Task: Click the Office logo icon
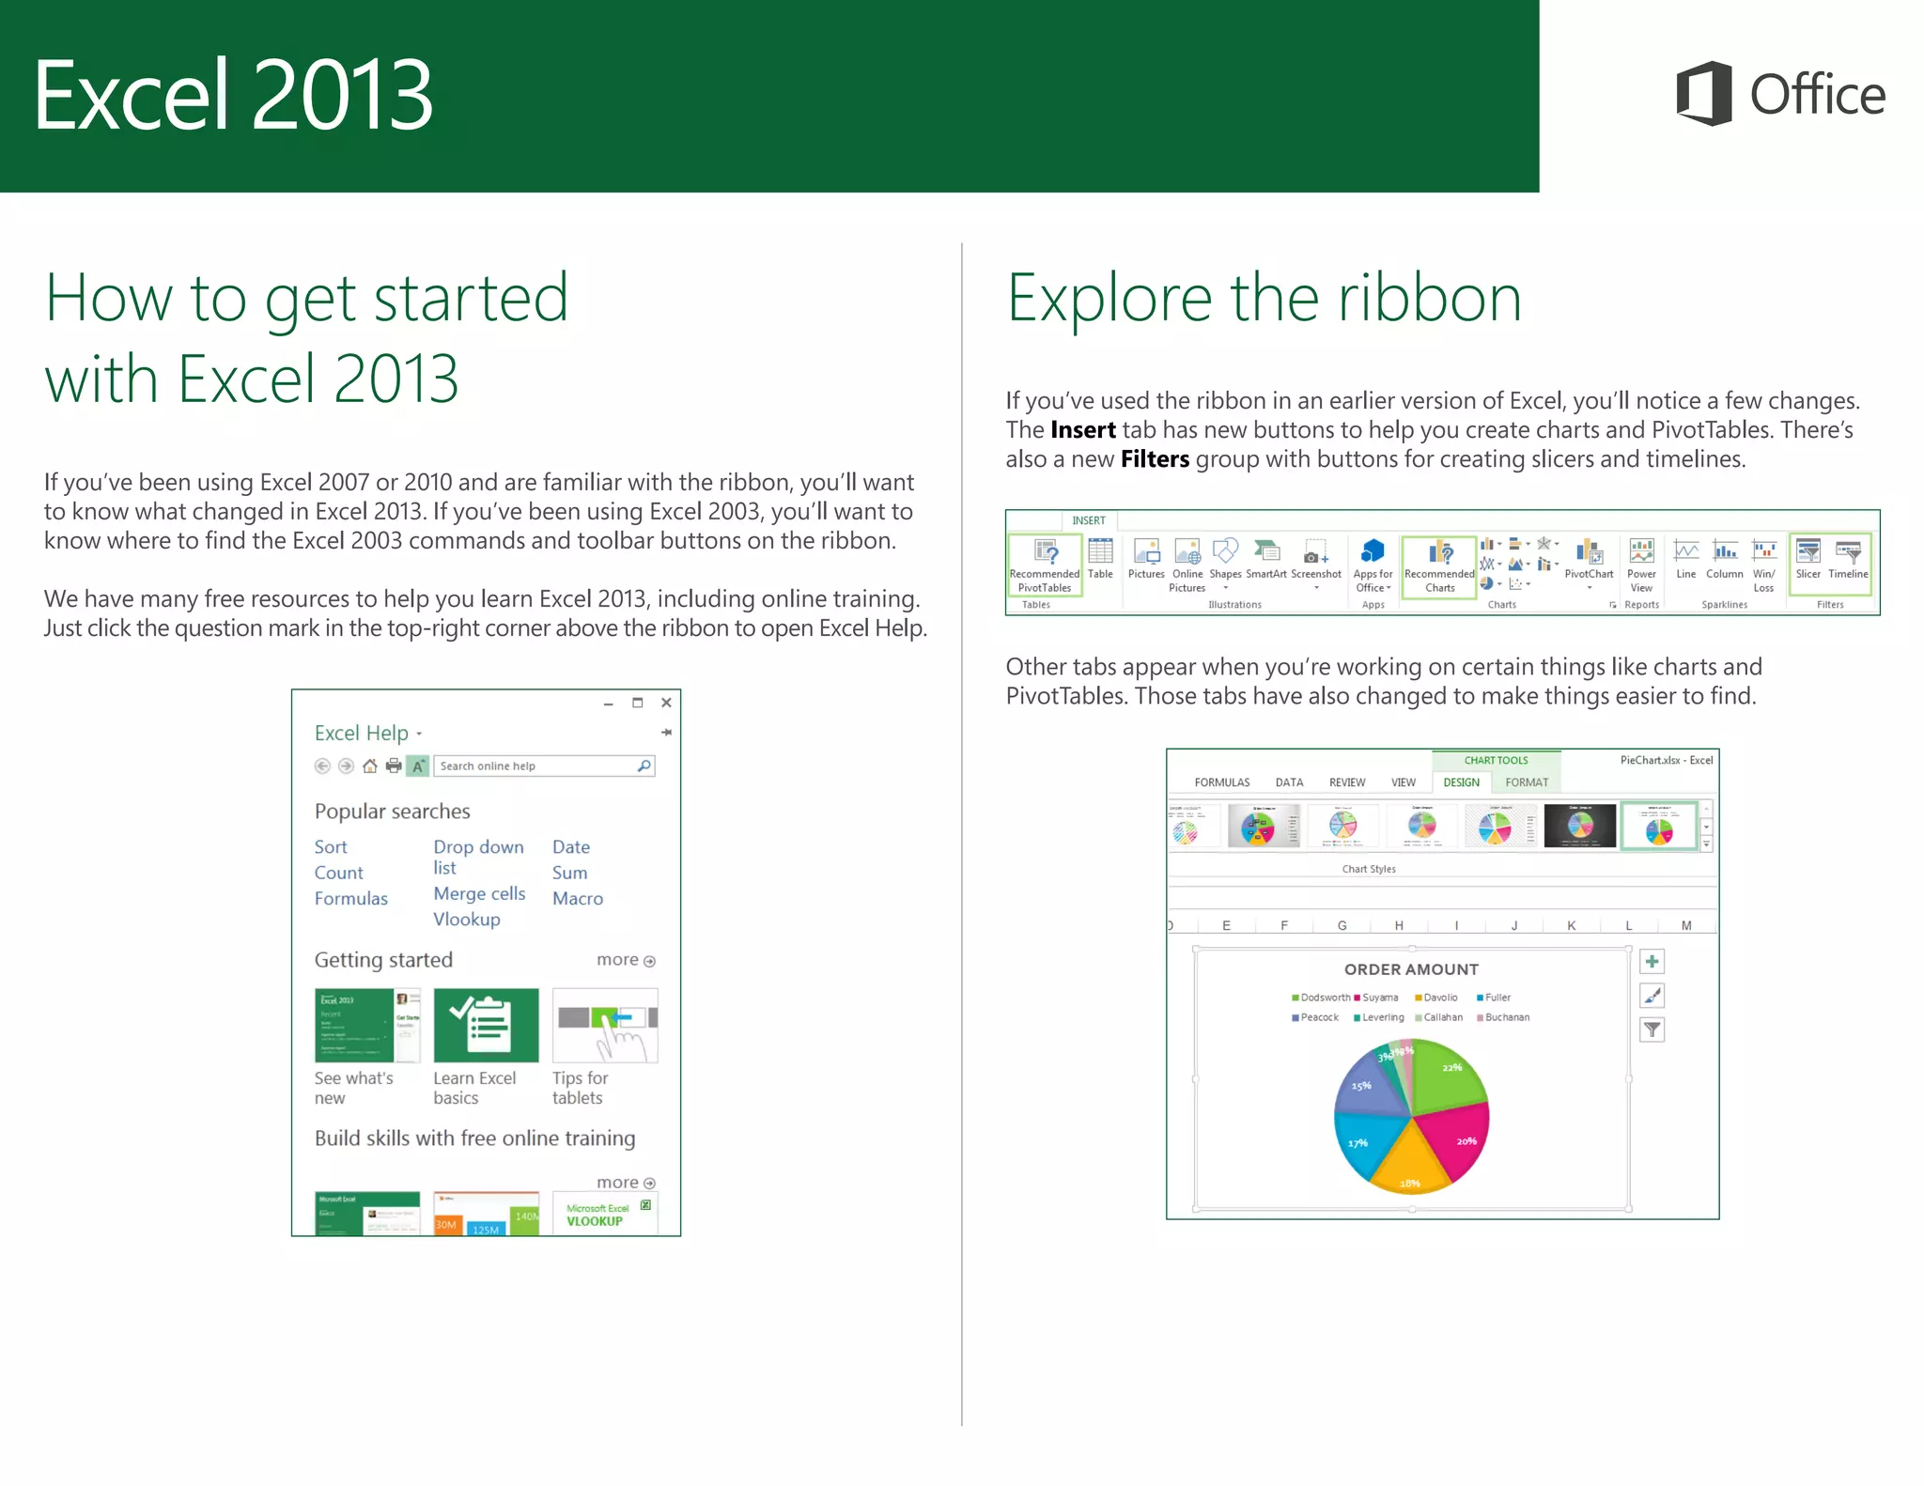click(x=1704, y=93)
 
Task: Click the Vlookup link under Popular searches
click(x=466, y=920)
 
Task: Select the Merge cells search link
click(x=479, y=893)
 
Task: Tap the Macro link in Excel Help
click(x=577, y=898)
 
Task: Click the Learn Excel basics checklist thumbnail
click(x=486, y=1025)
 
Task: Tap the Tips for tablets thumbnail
click(x=605, y=1025)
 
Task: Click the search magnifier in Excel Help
click(x=644, y=766)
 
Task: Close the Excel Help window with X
click(x=666, y=703)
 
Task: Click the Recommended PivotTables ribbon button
click(x=1045, y=565)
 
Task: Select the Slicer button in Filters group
click(x=1808, y=560)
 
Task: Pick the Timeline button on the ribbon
click(x=1848, y=560)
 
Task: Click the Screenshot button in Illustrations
click(x=1315, y=560)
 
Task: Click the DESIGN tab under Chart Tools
click(x=1461, y=782)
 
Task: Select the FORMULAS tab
click(x=1221, y=782)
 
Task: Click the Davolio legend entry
click(x=1437, y=998)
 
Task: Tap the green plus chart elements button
click(x=1652, y=961)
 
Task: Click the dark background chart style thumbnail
click(x=1580, y=826)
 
